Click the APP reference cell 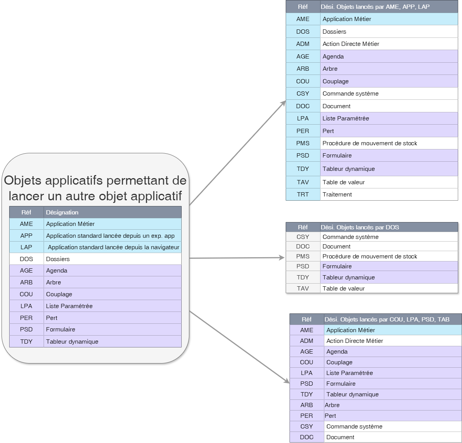click(x=26, y=235)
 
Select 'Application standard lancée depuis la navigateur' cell click(x=113, y=247)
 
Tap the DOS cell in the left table click(x=26, y=259)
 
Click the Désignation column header click(x=62, y=212)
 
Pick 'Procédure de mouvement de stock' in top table click(x=369, y=143)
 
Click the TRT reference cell click(x=303, y=194)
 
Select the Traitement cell click(x=337, y=194)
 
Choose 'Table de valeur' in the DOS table click(x=343, y=289)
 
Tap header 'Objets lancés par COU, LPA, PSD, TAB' click(x=387, y=319)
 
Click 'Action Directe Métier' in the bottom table click(x=355, y=341)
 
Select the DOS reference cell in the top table click(x=303, y=31)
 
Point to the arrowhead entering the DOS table click(x=282, y=258)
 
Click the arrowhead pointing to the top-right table click(x=283, y=102)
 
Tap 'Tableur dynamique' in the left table click(x=72, y=341)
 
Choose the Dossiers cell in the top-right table click(x=334, y=31)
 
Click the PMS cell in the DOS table click(x=303, y=256)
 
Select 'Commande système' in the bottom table click(x=354, y=426)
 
